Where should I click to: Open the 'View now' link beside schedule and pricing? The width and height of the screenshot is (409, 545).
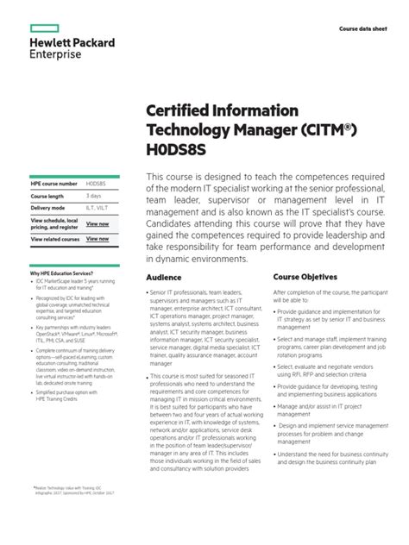[x=98, y=223]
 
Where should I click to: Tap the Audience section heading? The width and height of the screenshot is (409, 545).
[x=163, y=278]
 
